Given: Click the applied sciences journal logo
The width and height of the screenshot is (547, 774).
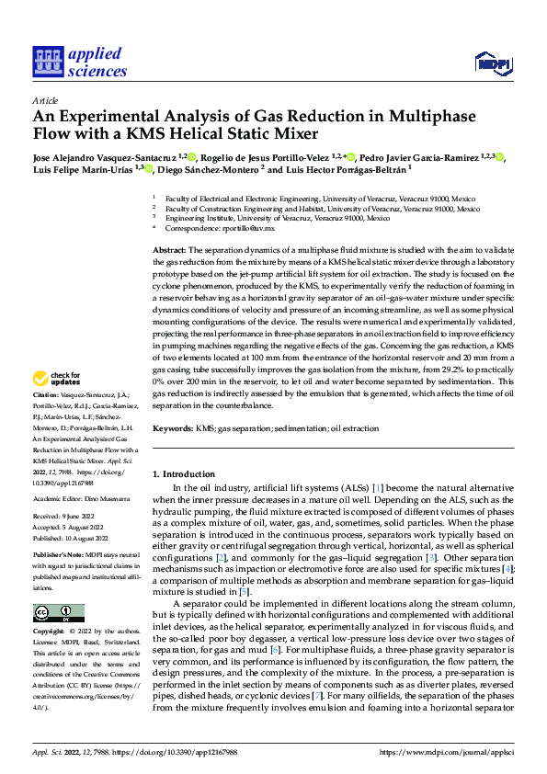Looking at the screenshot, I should [79, 62].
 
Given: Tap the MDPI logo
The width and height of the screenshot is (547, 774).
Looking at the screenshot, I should [490, 63].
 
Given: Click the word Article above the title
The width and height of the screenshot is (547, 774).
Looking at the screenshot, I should [45, 101].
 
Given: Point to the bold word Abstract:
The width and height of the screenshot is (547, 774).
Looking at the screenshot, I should [168, 250].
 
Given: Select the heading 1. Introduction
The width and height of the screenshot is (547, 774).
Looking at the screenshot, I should [183, 474].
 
